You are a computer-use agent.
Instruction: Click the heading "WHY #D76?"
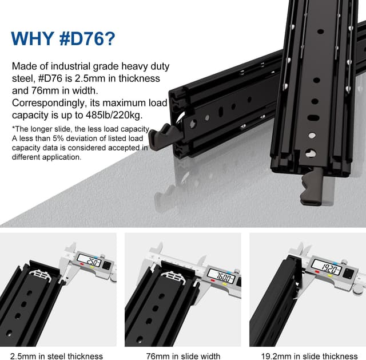pos(63,38)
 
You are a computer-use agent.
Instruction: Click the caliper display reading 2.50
pos(91,263)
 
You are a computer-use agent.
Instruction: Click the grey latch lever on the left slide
pos(161,136)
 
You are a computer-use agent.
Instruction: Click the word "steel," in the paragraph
pos(23,78)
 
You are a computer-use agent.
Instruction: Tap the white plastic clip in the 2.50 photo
pos(46,275)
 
